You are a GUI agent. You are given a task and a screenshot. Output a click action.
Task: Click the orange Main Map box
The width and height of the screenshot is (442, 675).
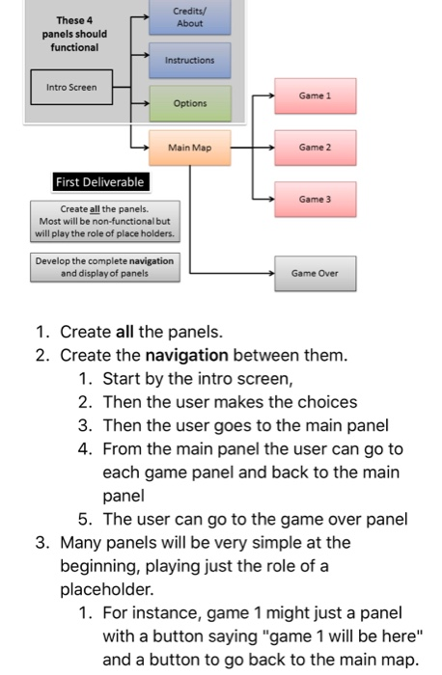pos(189,148)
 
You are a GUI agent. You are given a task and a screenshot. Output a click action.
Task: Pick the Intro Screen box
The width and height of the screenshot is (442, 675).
pos(70,87)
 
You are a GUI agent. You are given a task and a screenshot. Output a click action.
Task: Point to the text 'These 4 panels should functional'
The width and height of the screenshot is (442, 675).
pos(69,34)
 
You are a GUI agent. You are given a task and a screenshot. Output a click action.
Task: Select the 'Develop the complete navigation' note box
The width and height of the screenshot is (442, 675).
pos(105,266)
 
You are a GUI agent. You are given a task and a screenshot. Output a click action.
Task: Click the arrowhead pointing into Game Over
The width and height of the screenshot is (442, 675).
pos(271,274)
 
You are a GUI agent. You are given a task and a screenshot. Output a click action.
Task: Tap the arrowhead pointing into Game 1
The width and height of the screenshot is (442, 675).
pos(271,96)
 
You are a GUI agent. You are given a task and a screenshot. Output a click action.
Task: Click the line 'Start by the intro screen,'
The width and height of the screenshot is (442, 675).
pos(196,379)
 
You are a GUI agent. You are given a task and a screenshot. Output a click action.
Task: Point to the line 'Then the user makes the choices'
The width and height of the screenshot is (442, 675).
pos(230,402)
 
